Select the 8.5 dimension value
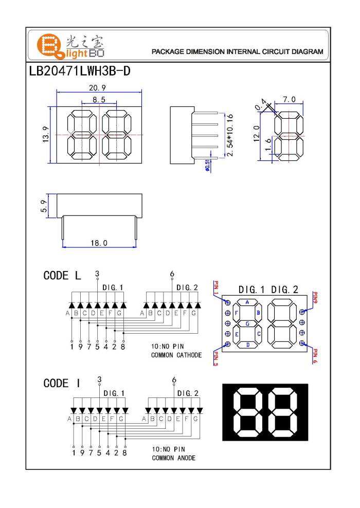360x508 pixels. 99,99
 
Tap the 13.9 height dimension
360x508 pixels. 46,136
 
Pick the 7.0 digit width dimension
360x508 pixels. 289,99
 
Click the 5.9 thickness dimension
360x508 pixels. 44,206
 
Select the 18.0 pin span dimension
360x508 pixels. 99,243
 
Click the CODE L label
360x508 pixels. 62,276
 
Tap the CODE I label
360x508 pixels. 62,384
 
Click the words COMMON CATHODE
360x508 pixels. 176,355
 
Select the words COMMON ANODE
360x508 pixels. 173,458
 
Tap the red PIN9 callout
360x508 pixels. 316,299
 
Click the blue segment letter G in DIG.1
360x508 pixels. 247,324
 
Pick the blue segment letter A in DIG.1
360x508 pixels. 247,303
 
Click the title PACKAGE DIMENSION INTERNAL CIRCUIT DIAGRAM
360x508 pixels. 238,52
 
